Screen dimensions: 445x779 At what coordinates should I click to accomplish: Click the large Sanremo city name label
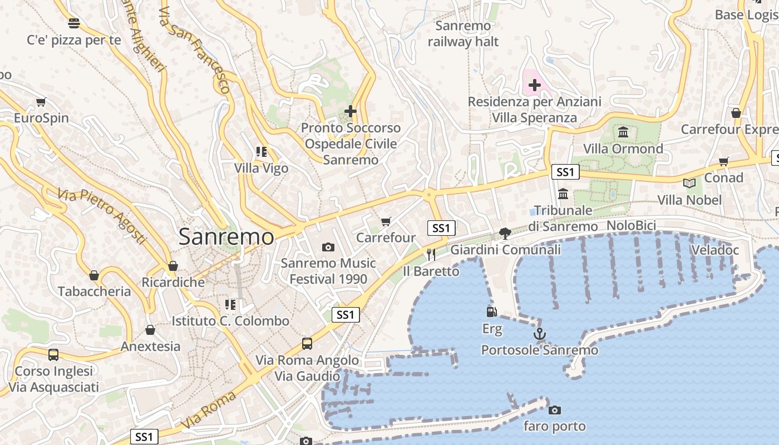coord(226,237)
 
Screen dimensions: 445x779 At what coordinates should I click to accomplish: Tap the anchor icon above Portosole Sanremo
coord(539,334)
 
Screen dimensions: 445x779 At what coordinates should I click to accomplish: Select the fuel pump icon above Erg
coord(491,312)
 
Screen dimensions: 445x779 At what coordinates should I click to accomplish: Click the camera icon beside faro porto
coord(554,410)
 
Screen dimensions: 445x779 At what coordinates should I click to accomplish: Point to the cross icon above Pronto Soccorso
coord(350,111)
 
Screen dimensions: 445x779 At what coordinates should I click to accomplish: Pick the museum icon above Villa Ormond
coord(623,132)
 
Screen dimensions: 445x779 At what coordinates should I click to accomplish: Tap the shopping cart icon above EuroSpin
coord(41,102)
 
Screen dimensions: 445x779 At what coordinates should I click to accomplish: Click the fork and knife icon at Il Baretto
coord(431,255)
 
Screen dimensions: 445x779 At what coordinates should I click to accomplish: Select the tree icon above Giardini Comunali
coord(505,233)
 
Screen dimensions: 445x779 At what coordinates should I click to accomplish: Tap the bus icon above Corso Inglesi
coord(53,354)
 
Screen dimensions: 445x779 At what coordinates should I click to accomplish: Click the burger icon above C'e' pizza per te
coord(74,23)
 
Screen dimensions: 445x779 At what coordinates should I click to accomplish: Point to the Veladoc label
coord(715,250)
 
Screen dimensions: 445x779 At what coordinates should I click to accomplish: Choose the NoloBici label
coord(632,225)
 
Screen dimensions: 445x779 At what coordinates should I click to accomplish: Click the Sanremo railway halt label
coord(463,33)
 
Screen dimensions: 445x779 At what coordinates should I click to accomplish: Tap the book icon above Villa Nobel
coord(689,183)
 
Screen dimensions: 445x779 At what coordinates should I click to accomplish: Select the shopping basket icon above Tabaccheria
coord(94,275)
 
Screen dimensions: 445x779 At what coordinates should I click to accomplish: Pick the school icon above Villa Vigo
coord(262,151)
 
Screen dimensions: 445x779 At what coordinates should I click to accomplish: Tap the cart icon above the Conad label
coord(723,162)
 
